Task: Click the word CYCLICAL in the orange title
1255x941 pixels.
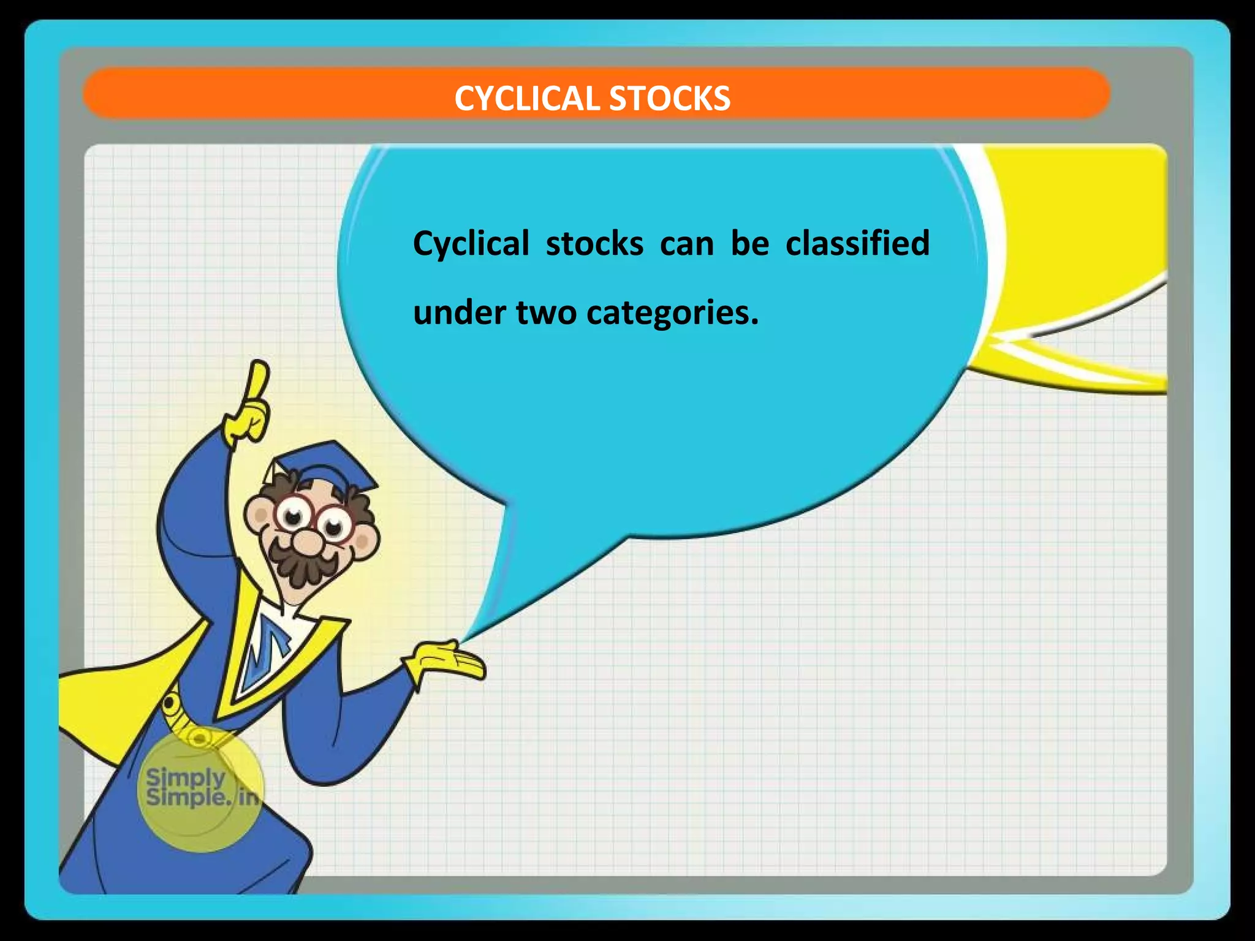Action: [528, 99]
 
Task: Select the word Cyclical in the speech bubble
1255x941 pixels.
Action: [471, 244]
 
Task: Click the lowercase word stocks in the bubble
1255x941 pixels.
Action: [594, 244]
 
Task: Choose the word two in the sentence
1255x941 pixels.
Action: [546, 312]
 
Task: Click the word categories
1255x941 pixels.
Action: [672, 314]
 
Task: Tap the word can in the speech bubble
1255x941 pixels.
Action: [687, 244]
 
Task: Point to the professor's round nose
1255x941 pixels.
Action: [306, 542]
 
